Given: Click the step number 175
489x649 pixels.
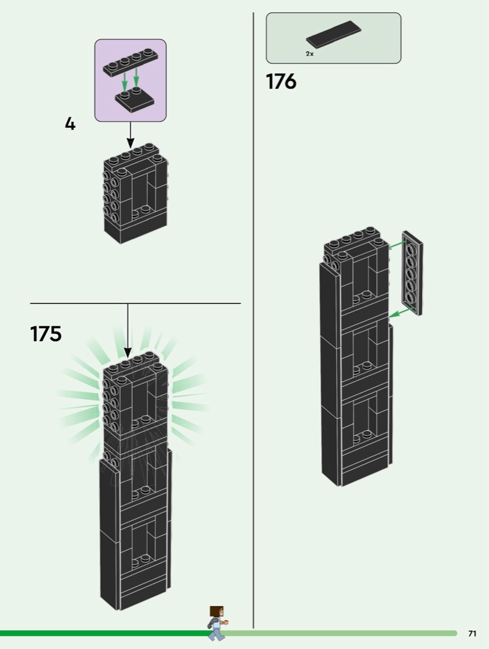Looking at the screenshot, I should pyautogui.click(x=46, y=334).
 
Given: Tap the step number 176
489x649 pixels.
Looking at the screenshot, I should pyautogui.click(x=281, y=81).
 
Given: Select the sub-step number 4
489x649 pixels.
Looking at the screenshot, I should pyautogui.click(x=70, y=124).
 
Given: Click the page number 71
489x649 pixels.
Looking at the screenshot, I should pyautogui.click(x=472, y=634).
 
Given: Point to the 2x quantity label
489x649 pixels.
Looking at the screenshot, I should pyautogui.click(x=309, y=54).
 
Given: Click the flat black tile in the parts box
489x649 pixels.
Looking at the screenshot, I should pyautogui.click(x=334, y=34).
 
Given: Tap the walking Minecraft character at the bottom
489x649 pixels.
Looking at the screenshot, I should pyautogui.click(x=217, y=622).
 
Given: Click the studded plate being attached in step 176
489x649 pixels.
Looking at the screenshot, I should pyautogui.click(x=412, y=273).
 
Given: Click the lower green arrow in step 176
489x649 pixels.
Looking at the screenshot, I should pyautogui.click(x=399, y=313).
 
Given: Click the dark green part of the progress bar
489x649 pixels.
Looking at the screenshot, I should pyautogui.click(x=105, y=633).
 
